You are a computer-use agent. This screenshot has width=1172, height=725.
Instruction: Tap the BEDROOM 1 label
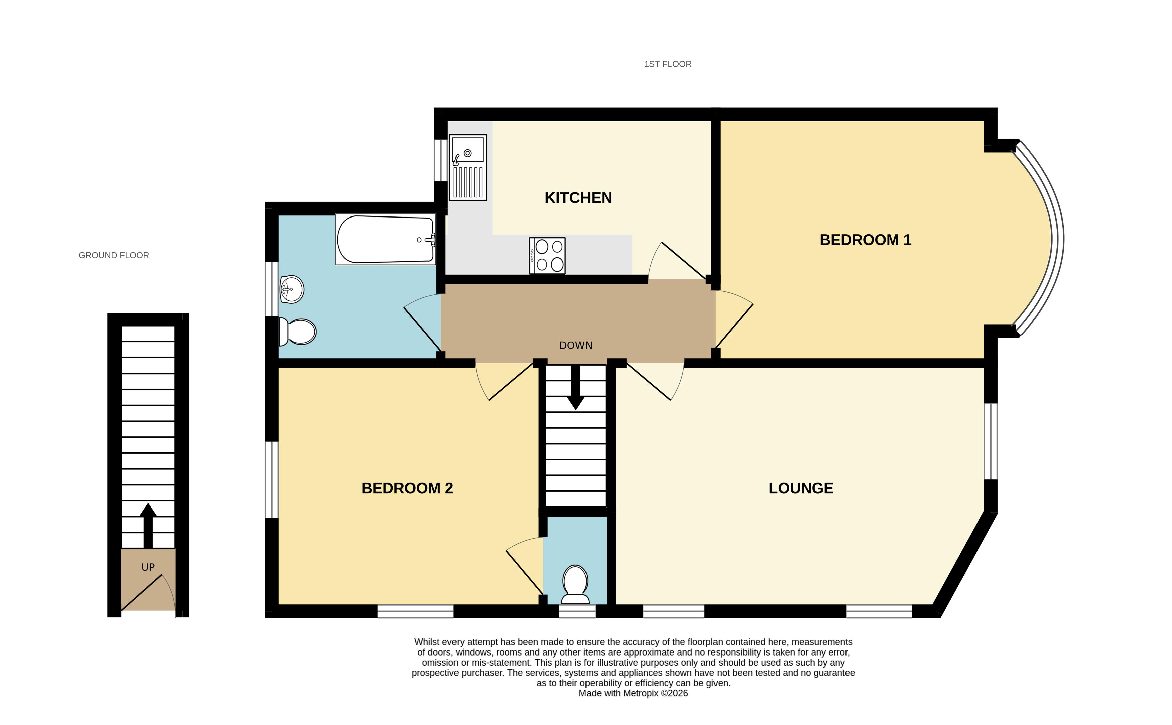(x=865, y=240)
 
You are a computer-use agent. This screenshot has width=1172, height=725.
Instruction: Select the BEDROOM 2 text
(x=407, y=488)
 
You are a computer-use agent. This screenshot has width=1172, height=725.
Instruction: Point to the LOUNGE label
(x=801, y=488)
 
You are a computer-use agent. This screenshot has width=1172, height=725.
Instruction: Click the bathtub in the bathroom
(x=386, y=239)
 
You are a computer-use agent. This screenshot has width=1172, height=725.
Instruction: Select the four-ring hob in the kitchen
(x=547, y=256)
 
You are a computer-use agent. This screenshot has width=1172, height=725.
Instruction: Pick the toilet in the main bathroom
(x=297, y=331)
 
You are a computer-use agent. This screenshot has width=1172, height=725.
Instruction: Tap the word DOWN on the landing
(x=575, y=346)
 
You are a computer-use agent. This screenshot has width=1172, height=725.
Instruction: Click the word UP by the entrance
(x=148, y=567)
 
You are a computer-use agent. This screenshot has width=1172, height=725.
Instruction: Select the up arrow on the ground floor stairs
(x=148, y=526)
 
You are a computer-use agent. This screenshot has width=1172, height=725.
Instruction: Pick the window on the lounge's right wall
(x=991, y=441)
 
